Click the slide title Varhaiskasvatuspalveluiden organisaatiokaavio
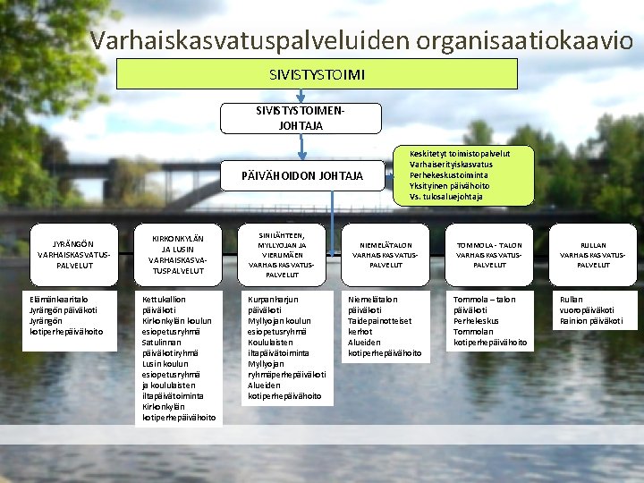coord(361,40)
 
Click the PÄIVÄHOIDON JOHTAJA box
coord(303,175)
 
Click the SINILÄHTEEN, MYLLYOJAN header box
coord(282,254)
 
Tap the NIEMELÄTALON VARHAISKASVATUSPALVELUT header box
coord(386,254)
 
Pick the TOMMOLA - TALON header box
coord(488,254)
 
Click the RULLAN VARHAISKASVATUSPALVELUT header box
coord(593,254)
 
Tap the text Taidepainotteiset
coord(379,321)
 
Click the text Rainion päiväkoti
coord(591,321)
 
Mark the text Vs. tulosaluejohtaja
coord(445,197)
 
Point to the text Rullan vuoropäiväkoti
coord(586,305)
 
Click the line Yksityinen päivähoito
coord(451,186)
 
